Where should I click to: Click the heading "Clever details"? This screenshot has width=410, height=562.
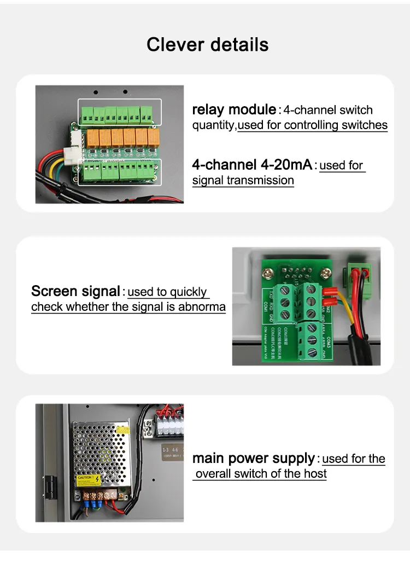pyautogui.click(x=207, y=44)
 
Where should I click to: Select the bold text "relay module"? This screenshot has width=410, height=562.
pyautogui.click(x=233, y=109)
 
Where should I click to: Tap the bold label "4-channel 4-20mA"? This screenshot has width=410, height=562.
pyautogui.click(x=252, y=164)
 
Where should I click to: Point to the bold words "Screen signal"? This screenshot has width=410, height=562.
pyautogui.click(x=75, y=291)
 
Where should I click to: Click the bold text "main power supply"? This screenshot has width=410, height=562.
pyautogui.click(x=254, y=458)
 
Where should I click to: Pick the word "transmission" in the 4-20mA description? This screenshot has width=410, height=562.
pyautogui.click(x=261, y=180)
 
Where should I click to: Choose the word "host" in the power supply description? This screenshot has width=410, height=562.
pyautogui.click(x=315, y=474)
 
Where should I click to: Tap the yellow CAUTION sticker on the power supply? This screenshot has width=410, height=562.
pyautogui.click(x=87, y=478)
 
